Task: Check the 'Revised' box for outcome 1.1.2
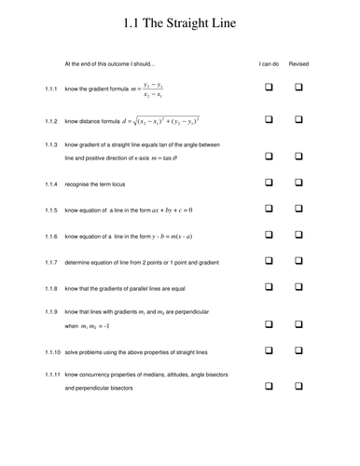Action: coord(300,120)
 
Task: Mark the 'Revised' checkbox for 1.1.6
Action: coord(300,238)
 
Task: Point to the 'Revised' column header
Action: coord(299,64)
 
